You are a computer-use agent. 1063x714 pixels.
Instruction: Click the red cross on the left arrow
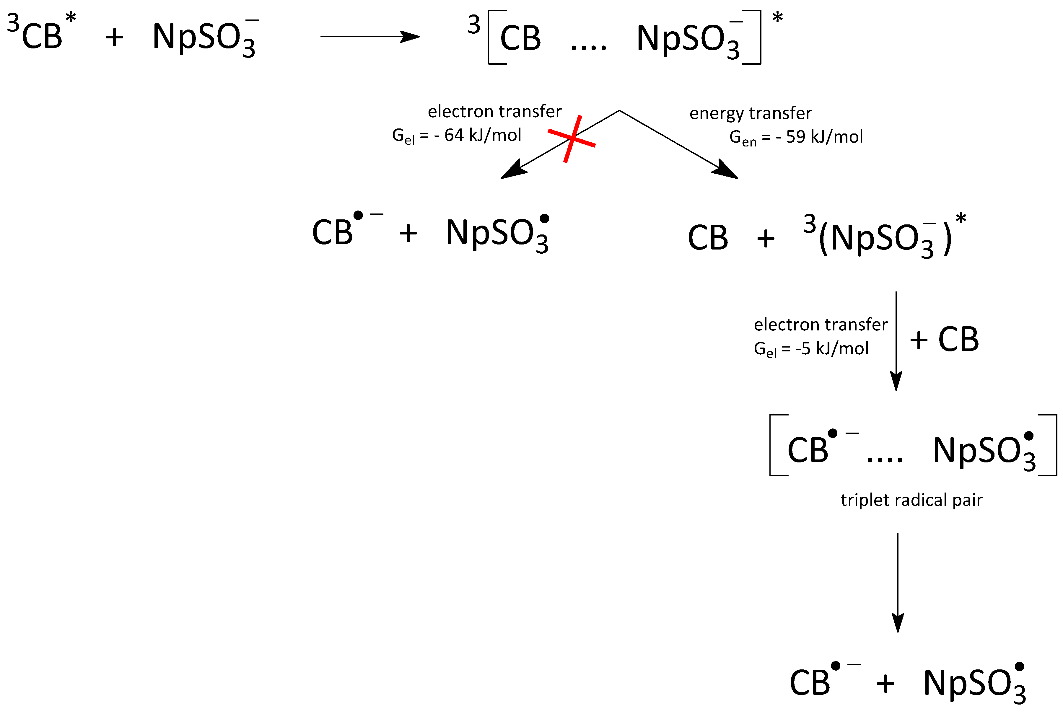pos(571,138)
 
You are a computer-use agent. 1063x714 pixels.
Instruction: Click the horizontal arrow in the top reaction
pos(369,36)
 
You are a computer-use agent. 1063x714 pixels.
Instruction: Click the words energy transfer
pos(750,113)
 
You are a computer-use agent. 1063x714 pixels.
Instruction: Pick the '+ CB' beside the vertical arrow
pos(944,340)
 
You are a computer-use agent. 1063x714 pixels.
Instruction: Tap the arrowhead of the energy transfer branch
pos(726,169)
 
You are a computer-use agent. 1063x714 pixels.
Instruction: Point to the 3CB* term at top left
pos(41,33)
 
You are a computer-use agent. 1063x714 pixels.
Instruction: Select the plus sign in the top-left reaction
pos(114,37)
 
